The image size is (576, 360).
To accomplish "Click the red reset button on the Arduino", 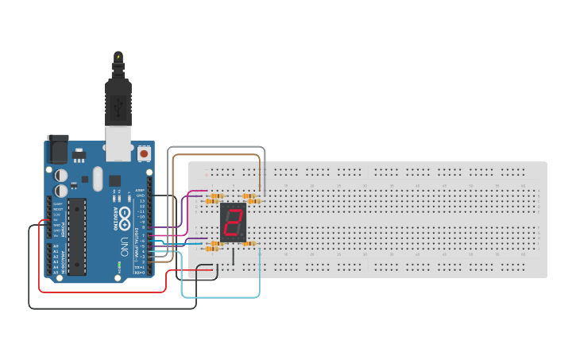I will [145, 152].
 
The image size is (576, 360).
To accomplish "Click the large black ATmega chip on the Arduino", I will [77, 237].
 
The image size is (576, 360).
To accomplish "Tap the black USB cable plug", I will [118, 99].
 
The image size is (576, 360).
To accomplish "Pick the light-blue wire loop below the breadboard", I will [222, 296].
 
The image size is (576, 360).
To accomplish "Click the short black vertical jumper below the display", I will [234, 256].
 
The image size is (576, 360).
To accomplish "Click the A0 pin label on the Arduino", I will [55, 246].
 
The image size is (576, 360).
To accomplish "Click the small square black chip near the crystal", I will [115, 180].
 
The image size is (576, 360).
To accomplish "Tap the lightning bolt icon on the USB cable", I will [118, 56].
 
